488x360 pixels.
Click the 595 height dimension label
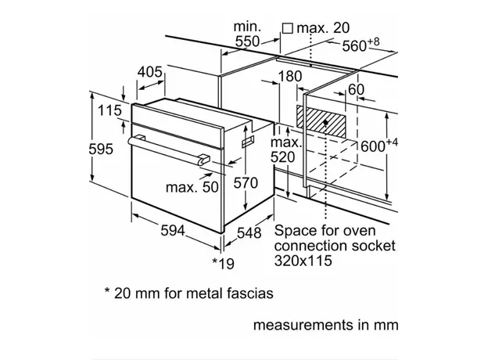(101, 149)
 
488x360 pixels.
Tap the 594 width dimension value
(173, 230)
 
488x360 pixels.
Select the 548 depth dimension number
(249, 233)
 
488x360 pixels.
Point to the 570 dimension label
(246, 183)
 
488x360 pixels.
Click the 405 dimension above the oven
(150, 72)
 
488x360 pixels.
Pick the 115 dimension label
(109, 110)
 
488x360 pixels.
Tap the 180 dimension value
(289, 77)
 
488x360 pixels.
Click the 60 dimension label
(356, 90)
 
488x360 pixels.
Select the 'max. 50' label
(192, 187)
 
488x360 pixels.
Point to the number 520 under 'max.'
(282, 157)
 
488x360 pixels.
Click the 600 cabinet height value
(373, 146)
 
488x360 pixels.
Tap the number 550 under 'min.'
(247, 41)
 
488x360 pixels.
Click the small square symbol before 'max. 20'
(288, 28)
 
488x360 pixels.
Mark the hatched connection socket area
(321, 122)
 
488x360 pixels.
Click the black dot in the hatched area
(325, 122)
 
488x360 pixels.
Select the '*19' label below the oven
(223, 264)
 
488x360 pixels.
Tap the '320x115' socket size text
(303, 261)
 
